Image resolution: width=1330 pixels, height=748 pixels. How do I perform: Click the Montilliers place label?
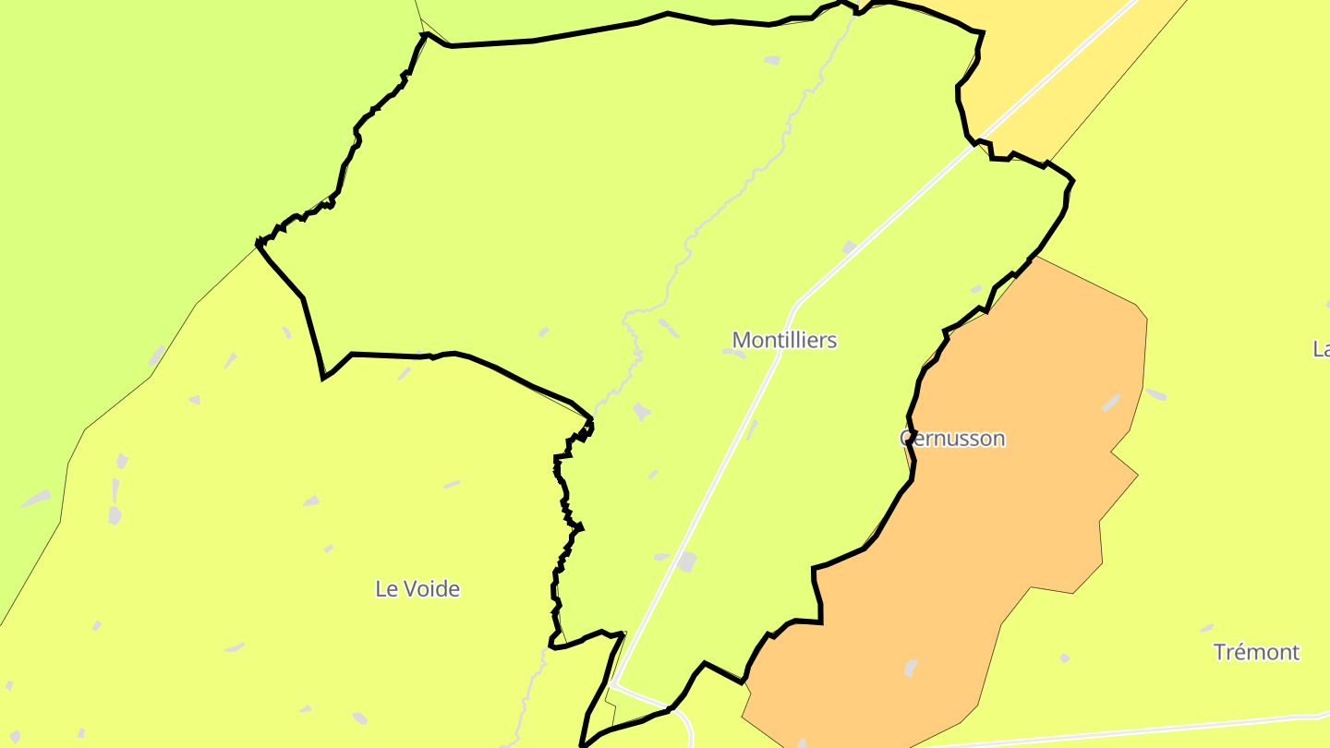click(x=784, y=340)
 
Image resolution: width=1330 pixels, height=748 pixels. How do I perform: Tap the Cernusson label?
click(x=952, y=438)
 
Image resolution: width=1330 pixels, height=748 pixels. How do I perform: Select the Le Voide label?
click(x=417, y=588)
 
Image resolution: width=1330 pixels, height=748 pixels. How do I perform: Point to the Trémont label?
click(x=1256, y=652)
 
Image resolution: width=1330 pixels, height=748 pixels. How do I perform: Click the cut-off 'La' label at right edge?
click(x=1321, y=348)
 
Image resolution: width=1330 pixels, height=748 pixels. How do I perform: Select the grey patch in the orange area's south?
click(x=911, y=667)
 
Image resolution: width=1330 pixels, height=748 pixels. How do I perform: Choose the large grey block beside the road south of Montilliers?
click(x=686, y=561)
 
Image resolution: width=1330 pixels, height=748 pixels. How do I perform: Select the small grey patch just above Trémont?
click(x=1207, y=628)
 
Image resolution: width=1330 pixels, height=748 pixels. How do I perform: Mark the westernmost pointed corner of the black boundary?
click(x=258, y=244)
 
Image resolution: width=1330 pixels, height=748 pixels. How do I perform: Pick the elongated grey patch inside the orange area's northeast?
click(x=1111, y=403)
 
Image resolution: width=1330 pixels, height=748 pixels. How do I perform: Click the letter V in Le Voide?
click(x=409, y=588)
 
